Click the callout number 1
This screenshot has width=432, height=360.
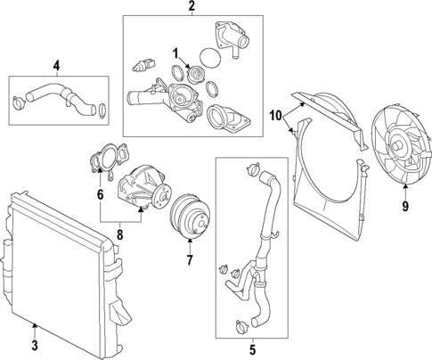176,54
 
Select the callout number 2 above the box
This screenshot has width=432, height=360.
192,5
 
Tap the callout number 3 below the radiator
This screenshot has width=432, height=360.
35,346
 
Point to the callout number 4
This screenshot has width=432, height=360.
56,65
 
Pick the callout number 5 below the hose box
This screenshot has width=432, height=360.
252,350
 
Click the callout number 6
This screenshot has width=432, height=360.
100,195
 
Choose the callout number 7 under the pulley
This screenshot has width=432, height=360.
190,260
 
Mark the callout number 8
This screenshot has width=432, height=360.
120,235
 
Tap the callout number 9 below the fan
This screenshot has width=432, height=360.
405,206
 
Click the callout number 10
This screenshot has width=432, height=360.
276,116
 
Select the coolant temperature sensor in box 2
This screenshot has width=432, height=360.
143,65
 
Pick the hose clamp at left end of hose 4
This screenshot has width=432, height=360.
19,102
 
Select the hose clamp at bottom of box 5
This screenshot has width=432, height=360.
241,326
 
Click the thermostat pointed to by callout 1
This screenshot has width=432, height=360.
196,74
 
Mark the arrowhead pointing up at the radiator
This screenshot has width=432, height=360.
35,326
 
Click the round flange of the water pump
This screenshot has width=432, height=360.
162,197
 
